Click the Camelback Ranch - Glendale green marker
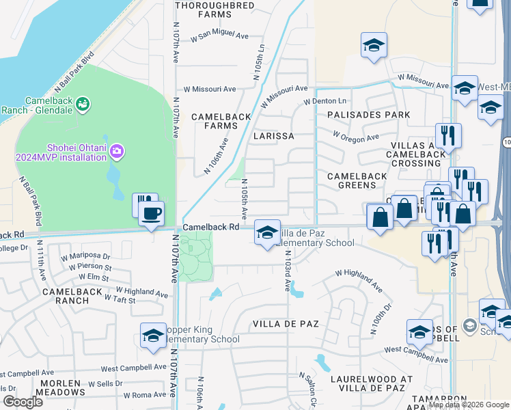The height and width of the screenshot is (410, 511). click(x=83, y=104)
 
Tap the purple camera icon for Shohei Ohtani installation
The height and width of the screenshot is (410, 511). click(x=116, y=150)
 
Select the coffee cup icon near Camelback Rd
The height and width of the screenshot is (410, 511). click(x=151, y=213)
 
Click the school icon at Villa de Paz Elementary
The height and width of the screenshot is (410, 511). click(x=267, y=232)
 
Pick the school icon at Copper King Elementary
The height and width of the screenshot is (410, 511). click(x=153, y=336)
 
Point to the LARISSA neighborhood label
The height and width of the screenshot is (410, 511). click(x=273, y=136)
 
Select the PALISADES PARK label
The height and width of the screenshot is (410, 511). click(x=368, y=114)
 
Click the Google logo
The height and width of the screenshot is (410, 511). click(x=23, y=401)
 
